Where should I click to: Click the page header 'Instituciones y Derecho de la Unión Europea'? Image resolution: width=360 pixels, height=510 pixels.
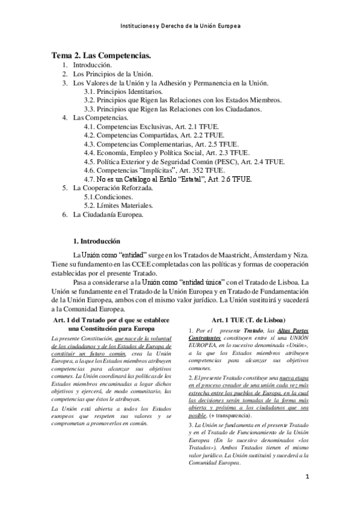click(x=180, y=28)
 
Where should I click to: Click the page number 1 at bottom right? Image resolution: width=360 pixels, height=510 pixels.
click(x=307, y=479)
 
